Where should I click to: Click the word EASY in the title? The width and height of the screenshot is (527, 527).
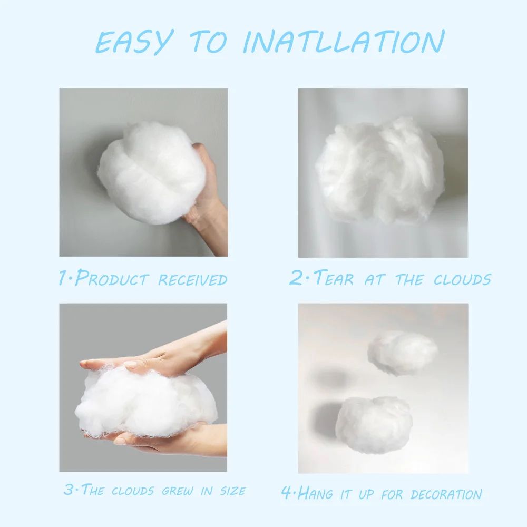click(x=134, y=42)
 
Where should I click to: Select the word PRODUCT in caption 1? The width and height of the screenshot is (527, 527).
click(x=113, y=278)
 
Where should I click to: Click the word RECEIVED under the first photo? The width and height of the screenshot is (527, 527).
click(x=193, y=279)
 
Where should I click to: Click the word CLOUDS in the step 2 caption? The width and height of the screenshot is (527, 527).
click(x=462, y=279)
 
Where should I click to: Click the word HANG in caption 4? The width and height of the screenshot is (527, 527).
click(x=315, y=494)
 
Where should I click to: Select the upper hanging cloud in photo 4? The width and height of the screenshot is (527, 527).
click(x=403, y=352)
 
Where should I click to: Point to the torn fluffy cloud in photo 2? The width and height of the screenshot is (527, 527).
click(x=379, y=169)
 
